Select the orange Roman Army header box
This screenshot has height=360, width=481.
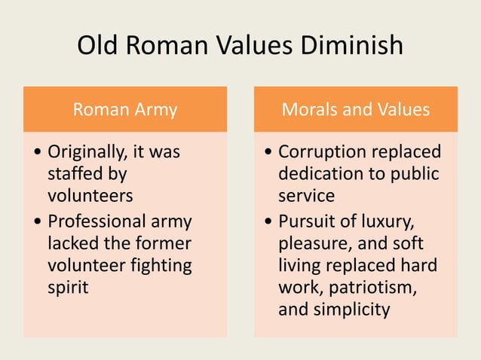[124, 110]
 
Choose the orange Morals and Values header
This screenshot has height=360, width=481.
[355, 110]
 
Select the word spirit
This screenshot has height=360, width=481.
[68, 287]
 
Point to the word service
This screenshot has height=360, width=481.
[306, 195]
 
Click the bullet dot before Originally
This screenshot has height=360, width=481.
[38, 153]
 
